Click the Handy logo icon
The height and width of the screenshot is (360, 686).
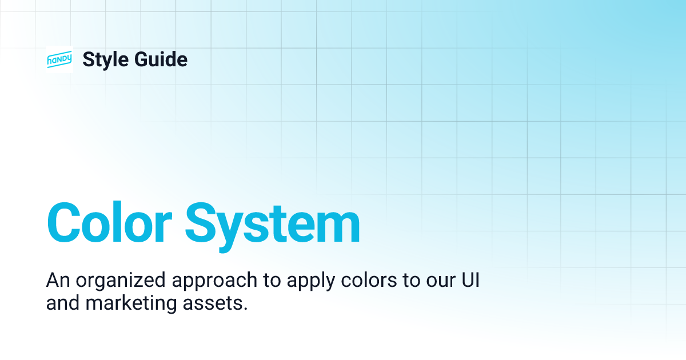pos(59,59)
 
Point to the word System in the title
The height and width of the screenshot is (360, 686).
pos(272,223)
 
